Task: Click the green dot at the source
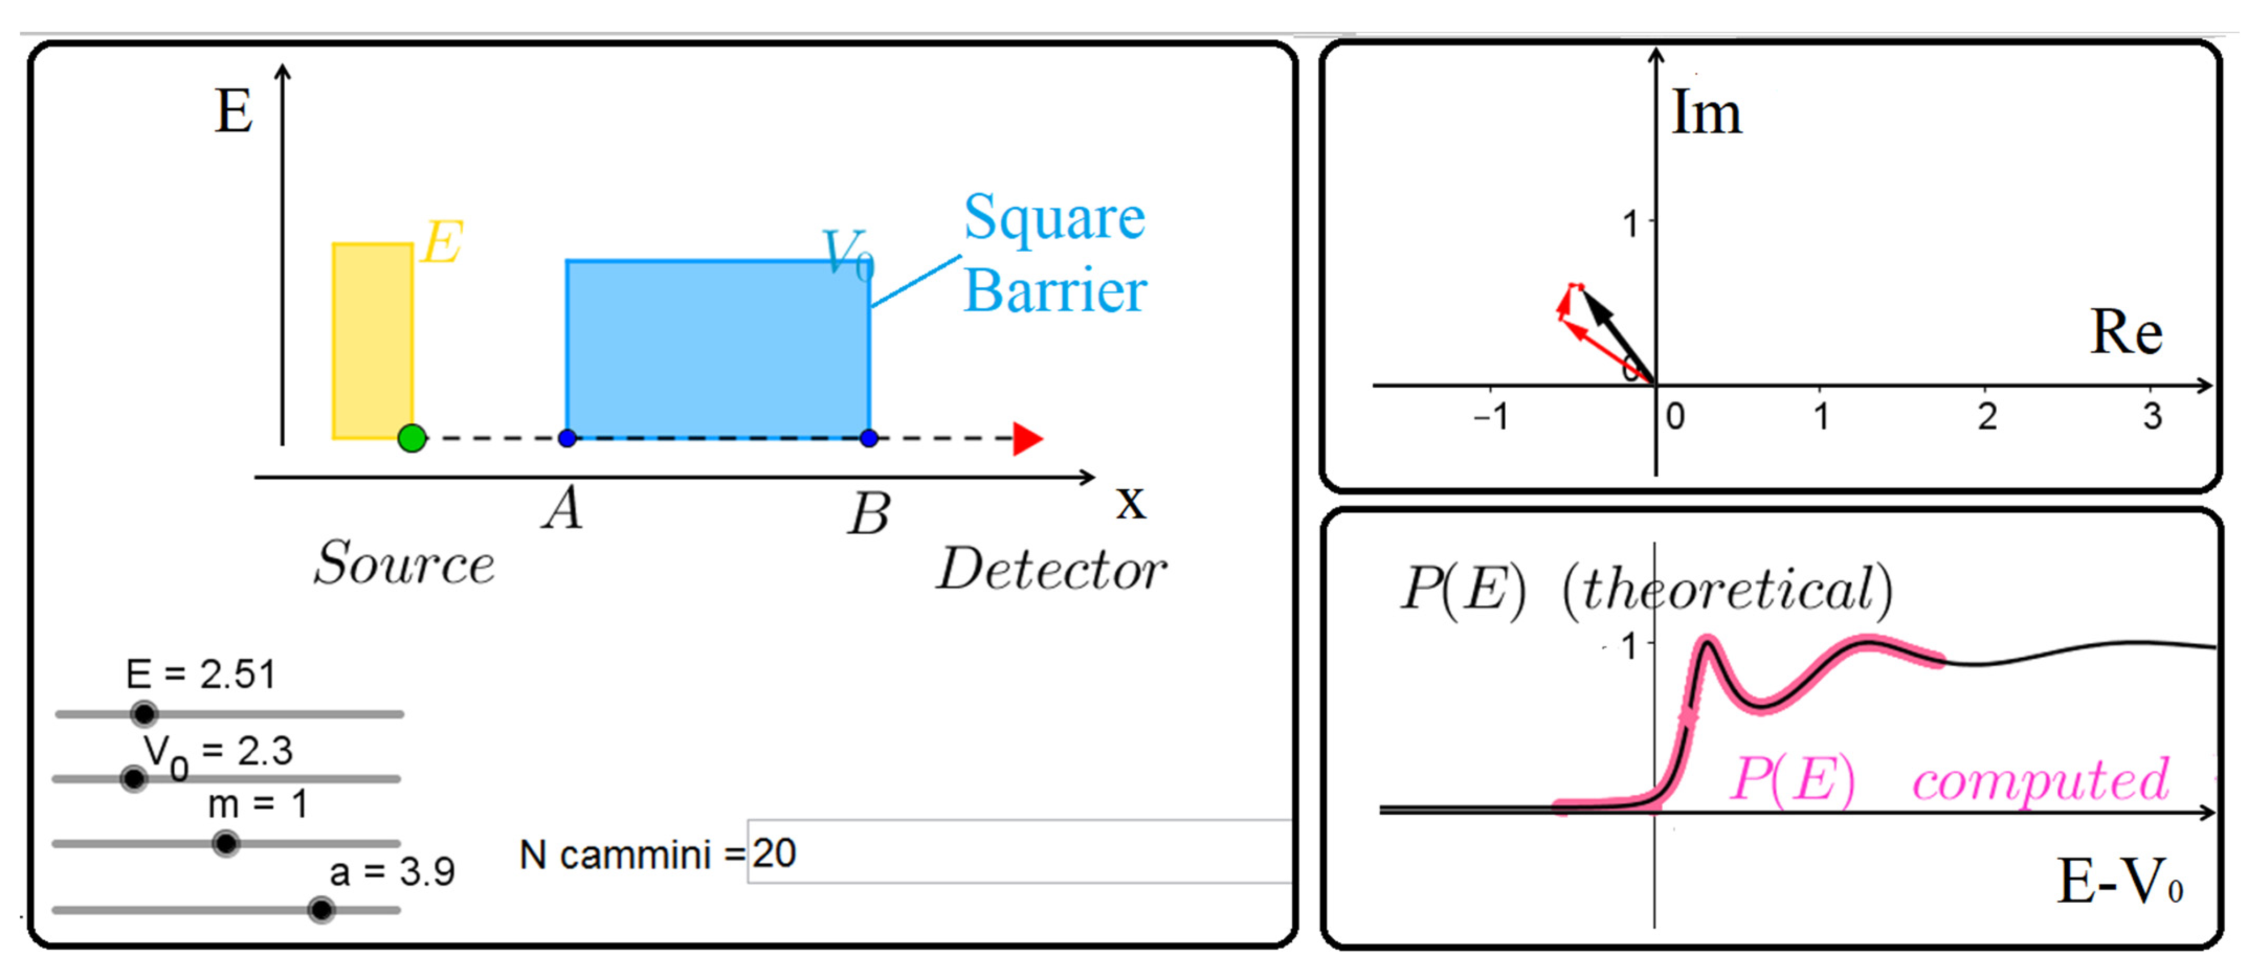coord(411,437)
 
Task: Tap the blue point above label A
coord(567,437)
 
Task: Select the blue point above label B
coord(868,437)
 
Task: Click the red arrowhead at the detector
coord(1027,438)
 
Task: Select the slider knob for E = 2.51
coord(144,714)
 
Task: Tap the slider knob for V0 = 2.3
coord(133,778)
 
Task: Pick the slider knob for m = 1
coord(226,843)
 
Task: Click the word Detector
coord(1051,570)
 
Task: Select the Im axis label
coord(1706,114)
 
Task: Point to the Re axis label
coord(2125,333)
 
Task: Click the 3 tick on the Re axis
coord(2151,415)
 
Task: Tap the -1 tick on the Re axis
coord(1491,415)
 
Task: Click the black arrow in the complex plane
coord(1618,337)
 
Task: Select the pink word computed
coord(2040,780)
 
